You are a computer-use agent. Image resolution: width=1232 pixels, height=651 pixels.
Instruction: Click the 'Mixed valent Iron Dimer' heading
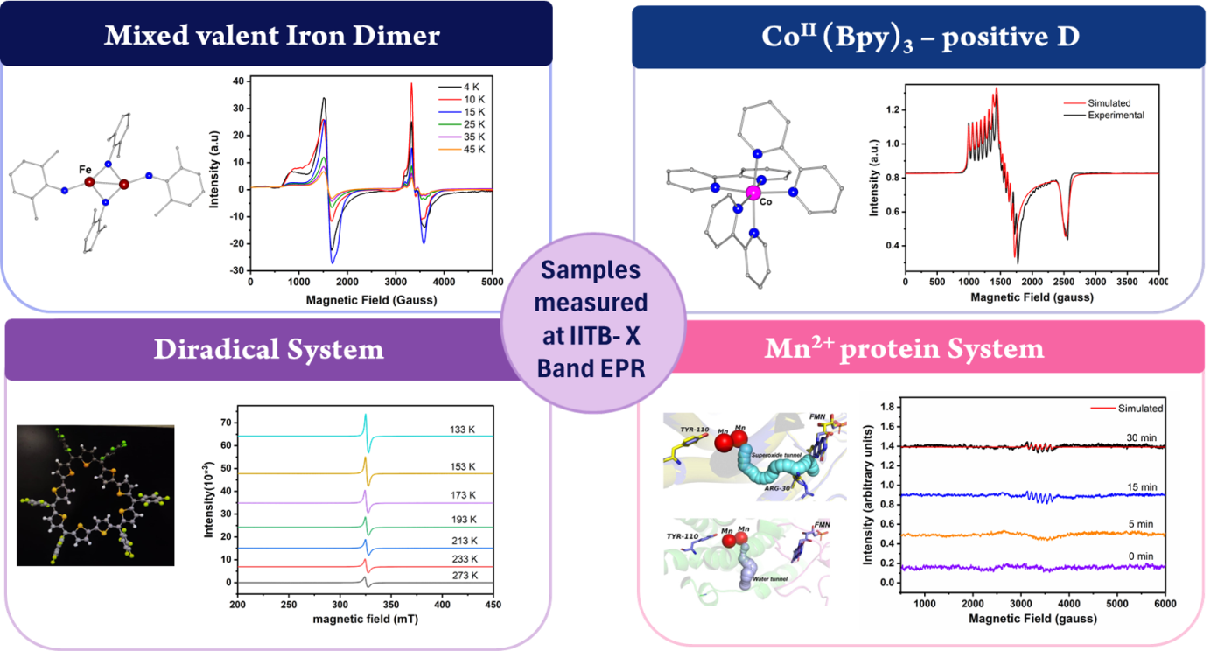click(x=271, y=36)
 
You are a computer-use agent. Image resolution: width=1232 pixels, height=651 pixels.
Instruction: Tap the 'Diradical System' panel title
click(x=269, y=349)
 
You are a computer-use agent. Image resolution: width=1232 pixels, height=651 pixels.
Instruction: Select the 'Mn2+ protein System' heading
click(x=904, y=349)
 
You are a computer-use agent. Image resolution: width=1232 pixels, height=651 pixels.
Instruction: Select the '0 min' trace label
click(x=1142, y=555)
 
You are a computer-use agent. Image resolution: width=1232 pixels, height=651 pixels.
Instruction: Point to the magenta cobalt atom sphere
click(x=752, y=192)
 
